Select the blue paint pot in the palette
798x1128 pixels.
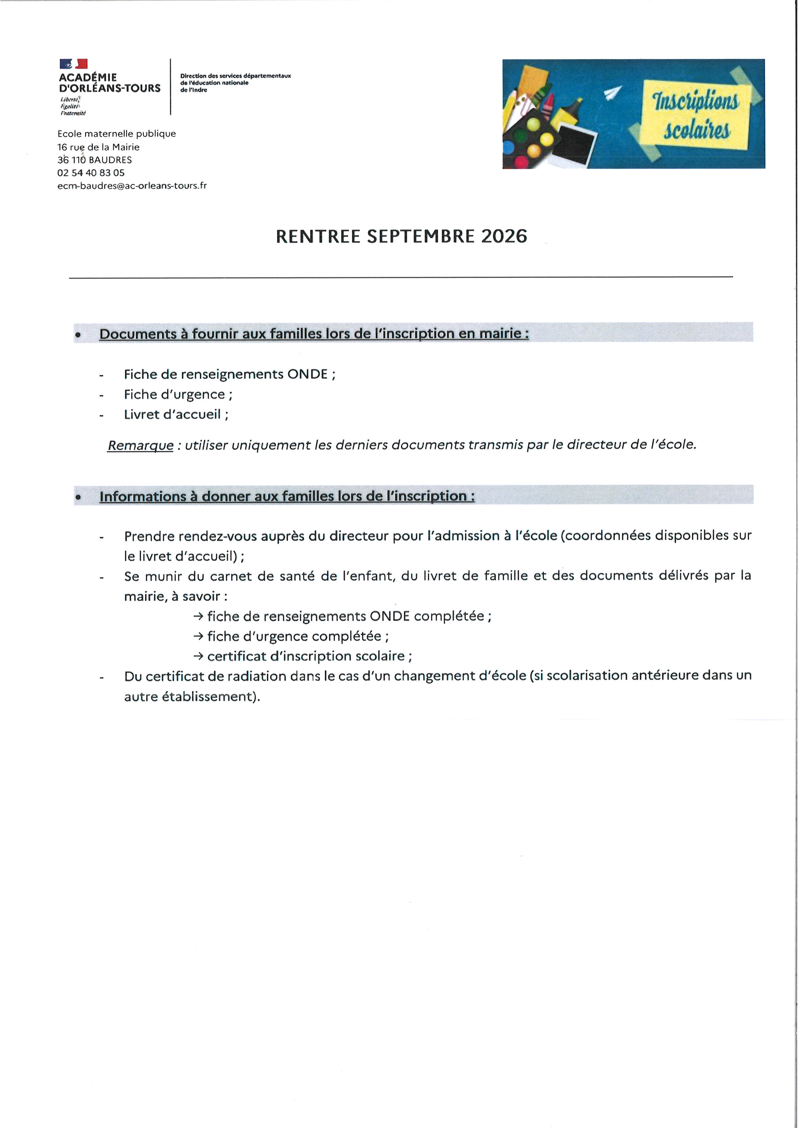click(509, 147)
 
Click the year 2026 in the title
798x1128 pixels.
click(504, 236)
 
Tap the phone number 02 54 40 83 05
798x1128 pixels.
click(91, 173)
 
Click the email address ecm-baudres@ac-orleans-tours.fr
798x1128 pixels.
click(132, 186)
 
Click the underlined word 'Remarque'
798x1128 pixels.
click(141, 445)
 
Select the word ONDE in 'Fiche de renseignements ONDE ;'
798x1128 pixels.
click(307, 374)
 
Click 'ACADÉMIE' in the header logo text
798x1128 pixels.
click(88, 78)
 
